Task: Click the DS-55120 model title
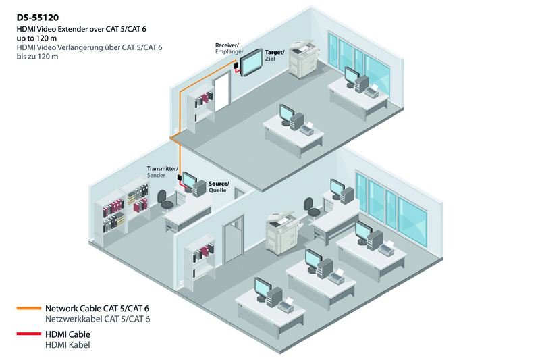pos(38,18)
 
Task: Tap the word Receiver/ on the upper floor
pos(227,45)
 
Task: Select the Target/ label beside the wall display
pos(275,53)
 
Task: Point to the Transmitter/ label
pos(163,168)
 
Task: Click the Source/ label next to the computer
pos(219,184)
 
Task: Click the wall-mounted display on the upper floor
pos(251,62)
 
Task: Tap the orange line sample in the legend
pos(29,308)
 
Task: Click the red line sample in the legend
pos(29,334)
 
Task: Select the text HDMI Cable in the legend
pos(67,334)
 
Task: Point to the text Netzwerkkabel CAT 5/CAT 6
pos(97,319)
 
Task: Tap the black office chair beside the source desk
pos(164,200)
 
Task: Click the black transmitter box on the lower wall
pos(180,178)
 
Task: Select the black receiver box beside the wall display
pos(236,65)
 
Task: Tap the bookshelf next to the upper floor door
pos(200,107)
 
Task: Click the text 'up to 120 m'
pos(36,38)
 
